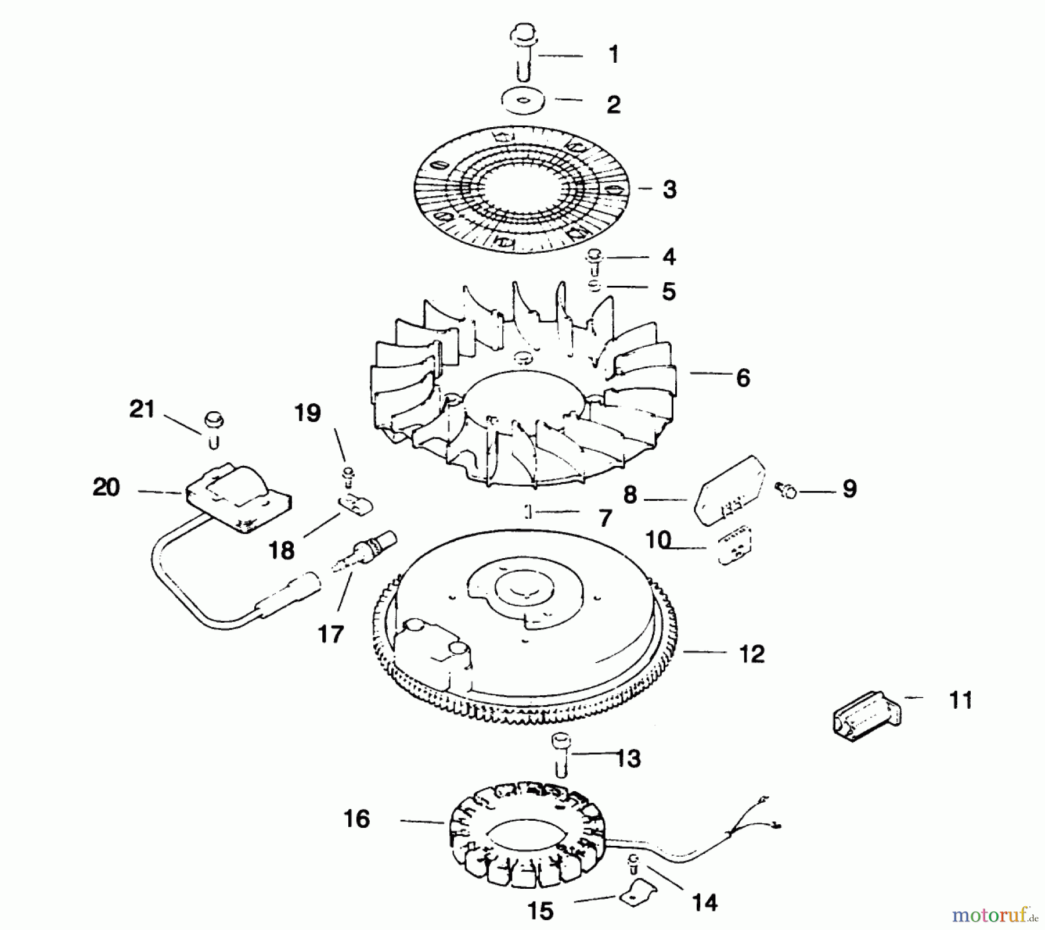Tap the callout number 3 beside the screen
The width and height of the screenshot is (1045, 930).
669,190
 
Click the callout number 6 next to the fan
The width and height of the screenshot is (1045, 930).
743,378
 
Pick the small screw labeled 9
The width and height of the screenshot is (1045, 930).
785,491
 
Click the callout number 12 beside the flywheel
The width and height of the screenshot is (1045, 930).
751,655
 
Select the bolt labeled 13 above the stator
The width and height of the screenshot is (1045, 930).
560,754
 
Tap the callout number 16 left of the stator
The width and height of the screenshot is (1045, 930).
356,820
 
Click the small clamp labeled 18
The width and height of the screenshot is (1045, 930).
355,505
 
